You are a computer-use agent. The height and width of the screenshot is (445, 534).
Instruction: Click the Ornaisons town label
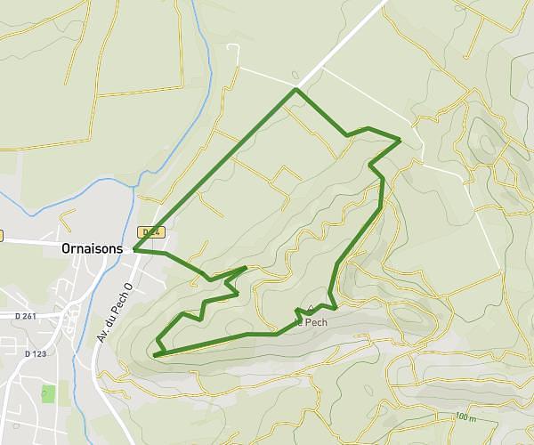tap(93, 250)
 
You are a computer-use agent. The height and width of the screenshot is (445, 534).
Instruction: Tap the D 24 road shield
tap(152, 232)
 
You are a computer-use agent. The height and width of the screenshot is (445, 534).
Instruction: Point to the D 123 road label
tap(36, 353)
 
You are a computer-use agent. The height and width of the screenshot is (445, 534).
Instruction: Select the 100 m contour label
tap(465, 417)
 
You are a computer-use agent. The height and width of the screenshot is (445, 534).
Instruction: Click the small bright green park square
tap(48, 393)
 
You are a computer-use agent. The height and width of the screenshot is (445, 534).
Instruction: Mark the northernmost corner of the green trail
tap(296, 90)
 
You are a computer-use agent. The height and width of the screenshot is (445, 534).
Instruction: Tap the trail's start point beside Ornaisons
tap(134, 250)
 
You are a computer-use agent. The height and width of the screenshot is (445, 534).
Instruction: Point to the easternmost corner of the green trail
tap(400, 141)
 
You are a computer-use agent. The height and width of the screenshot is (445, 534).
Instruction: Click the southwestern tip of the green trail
tap(155, 355)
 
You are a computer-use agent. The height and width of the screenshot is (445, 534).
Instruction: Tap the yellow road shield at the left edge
tap(2, 236)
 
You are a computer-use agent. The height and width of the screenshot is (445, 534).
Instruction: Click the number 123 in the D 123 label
tap(39, 353)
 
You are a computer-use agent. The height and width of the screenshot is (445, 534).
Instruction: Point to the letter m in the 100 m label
tap(473, 417)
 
